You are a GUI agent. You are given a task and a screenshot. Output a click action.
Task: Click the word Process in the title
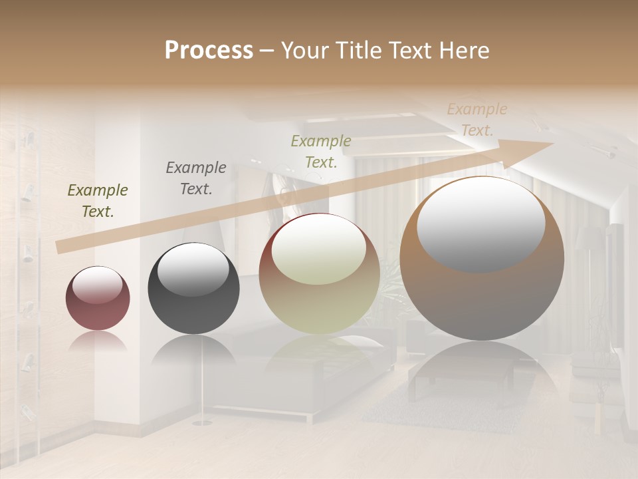pyautogui.click(x=209, y=51)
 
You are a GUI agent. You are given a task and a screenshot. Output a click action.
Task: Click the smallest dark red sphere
pyautogui.click(x=98, y=299)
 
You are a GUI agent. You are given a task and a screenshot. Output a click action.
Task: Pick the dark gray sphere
pyautogui.click(x=193, y=289)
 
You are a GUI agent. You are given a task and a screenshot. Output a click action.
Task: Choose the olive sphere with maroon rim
pyautogui.click(x=319, y=274)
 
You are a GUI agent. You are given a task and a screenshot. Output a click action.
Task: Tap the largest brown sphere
pyautogui.click(x=482, y=259)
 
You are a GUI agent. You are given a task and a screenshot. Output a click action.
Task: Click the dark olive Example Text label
pyautogui.click(x=98, y=201)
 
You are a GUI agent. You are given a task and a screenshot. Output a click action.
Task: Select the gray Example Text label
pyautogui.click(x=196, y=178)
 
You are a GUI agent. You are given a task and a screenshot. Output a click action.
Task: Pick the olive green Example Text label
pyautogui.click(x=321, y=152)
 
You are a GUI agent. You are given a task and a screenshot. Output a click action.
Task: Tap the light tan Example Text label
pyautogui.click(x=477, y=120)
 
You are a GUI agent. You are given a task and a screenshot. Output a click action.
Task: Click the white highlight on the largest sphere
pyautogui.click(x=480, y=223)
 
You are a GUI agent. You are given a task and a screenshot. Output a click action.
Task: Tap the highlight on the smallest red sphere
pyautogui.click(x=97, y=285)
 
